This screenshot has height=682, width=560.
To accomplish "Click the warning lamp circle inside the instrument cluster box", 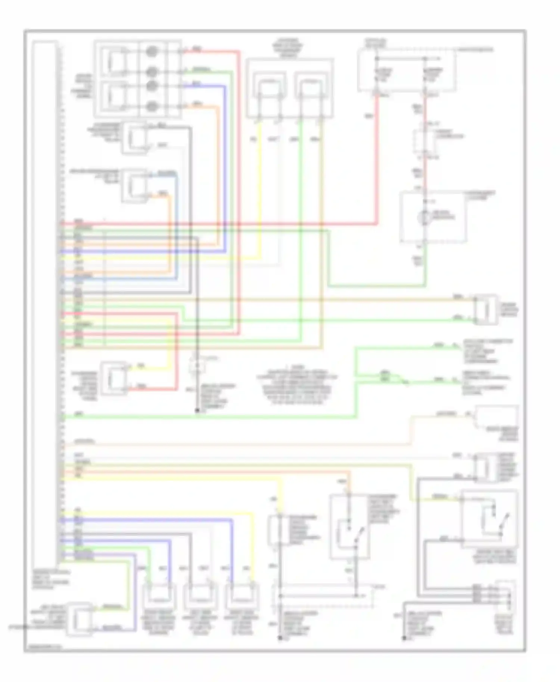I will tap(424, 217).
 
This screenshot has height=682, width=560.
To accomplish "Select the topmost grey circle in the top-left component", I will tap(151, 51).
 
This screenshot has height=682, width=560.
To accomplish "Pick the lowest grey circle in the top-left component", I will tap(151, 107).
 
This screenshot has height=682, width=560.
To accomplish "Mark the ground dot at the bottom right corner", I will tap(404, 638).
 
